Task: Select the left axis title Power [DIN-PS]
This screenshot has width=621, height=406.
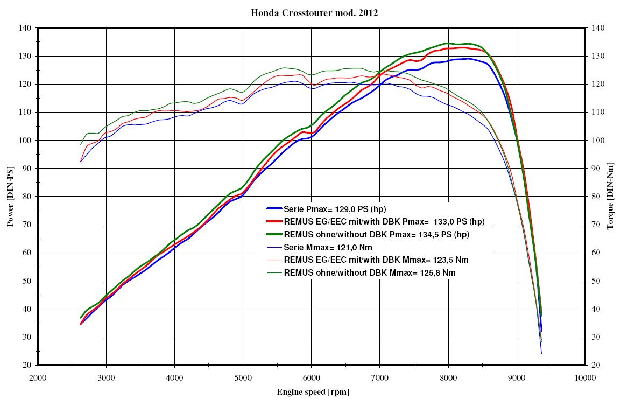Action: [10, 196]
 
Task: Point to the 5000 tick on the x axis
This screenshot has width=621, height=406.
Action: [243, 377]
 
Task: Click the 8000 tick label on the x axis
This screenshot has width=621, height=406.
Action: [448, 377]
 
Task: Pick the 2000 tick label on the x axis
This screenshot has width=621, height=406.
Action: [38, 377]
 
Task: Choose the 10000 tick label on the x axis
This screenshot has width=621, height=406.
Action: [585, 377]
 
